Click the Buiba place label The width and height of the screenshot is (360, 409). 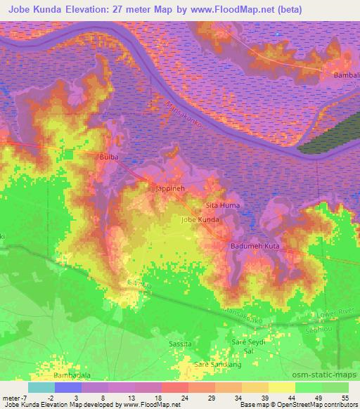[x=108, y=157]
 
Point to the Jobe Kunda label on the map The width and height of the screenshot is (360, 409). [x=200, y=220]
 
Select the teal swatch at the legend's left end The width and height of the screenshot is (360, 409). [x=41, y=387]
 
